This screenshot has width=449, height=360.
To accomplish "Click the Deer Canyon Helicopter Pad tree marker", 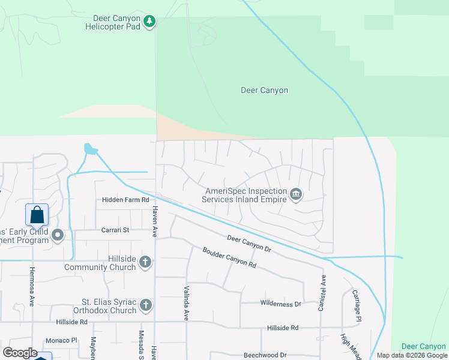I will pyautogui.click(x=149, y=23).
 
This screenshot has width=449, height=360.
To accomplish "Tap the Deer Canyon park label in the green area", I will pyautogui.click(x=264, y=91).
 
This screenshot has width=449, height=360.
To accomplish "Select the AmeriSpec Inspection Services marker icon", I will pyautogui.click(x=295, y=194).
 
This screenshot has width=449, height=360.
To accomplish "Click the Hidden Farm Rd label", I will pyautogui.click(x=125, y=200).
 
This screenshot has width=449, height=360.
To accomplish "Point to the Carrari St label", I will pyautogui.click(x=115, y=230).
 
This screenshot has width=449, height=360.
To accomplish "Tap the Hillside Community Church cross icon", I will pyautogui.click(x=145, y=262).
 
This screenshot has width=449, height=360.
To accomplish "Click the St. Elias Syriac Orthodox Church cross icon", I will pyautogui.click(x=145, y=305).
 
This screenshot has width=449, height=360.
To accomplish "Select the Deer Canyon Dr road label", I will pyautogui.click(x=250, y=243).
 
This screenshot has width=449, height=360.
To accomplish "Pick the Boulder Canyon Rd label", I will pyautogui.click(x=229, y=257).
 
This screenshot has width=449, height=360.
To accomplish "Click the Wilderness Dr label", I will pyautogui.click(x=280, y=304).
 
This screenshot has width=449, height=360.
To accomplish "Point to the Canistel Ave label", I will pyautogui.click(x=323, y=293).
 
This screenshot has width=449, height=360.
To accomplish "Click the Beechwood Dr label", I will pyautogui.click(x=265, y=355).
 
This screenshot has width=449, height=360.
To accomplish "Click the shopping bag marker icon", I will pyautogui.click(x=37, y=214).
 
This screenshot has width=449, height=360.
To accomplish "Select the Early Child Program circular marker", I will pyautogui.click(x=58, y=235).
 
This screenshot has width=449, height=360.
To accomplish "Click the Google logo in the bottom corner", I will pyautogui.click(x=20, y=353).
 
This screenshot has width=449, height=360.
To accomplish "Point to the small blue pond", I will pyautogui.click(x=90, y=148).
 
